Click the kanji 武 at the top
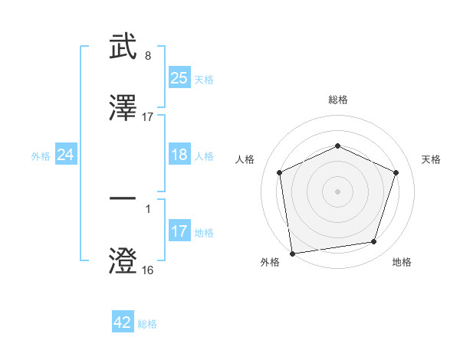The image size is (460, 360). [123, 47]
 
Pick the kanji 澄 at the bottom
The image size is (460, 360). [123, 260]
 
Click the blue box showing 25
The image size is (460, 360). [179, 77]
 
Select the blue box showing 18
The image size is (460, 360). [179, 155]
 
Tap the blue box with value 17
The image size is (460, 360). [179, 231]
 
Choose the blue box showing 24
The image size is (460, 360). [66, 155]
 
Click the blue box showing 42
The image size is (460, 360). [123, 322]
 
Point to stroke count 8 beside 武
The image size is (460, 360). [147, 56]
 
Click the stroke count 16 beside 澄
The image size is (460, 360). [147, 270]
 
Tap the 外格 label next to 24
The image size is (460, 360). [41, 155]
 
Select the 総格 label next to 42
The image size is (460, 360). [147, 323]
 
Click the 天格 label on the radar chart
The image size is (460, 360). [432, 159]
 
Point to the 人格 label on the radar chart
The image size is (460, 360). [245, 159]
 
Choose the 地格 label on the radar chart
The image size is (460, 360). [402, 262]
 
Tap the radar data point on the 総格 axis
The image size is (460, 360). [337, 146]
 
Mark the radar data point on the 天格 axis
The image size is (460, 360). [396, 172]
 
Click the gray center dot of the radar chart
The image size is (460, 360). [337, 191]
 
